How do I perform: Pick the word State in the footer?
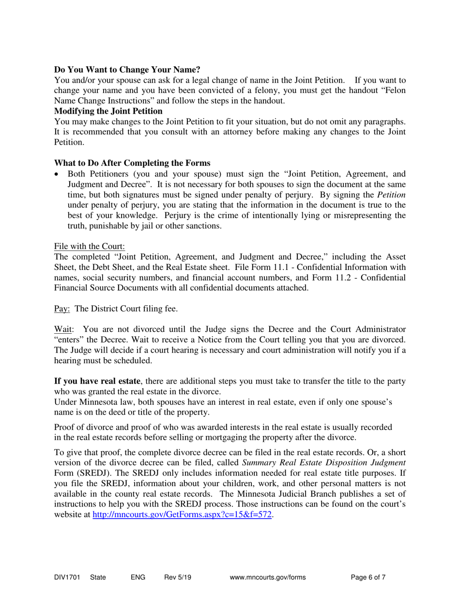click(x=98, y=577)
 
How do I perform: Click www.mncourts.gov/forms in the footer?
click(x=269, y=577)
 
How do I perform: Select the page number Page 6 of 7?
click(x=368, y=577)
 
